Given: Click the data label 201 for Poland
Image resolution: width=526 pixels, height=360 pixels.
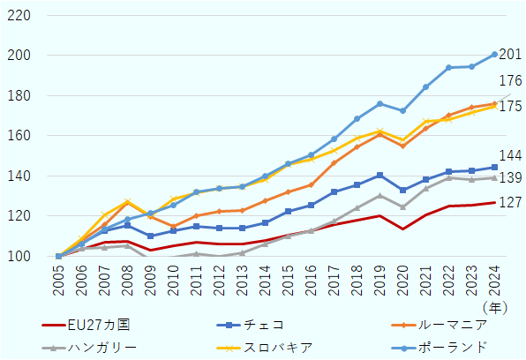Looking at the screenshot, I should tap(511, 55).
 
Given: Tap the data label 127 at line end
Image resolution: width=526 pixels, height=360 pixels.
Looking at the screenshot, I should tap(511, 202).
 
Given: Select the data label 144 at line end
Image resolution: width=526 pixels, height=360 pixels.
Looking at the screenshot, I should tap(511, 156).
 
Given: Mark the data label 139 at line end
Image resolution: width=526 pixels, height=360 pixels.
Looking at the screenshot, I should tap(511, 177).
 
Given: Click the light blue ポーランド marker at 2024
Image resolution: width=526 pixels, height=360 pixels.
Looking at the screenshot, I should tap(494, 55).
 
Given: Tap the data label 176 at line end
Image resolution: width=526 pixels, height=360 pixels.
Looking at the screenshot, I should tap(511, 81).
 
